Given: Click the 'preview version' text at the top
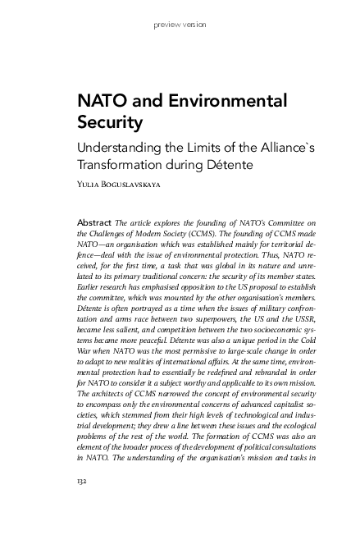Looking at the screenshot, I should [x=180, y=25].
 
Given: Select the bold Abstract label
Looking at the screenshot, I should [x=93, y=222].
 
